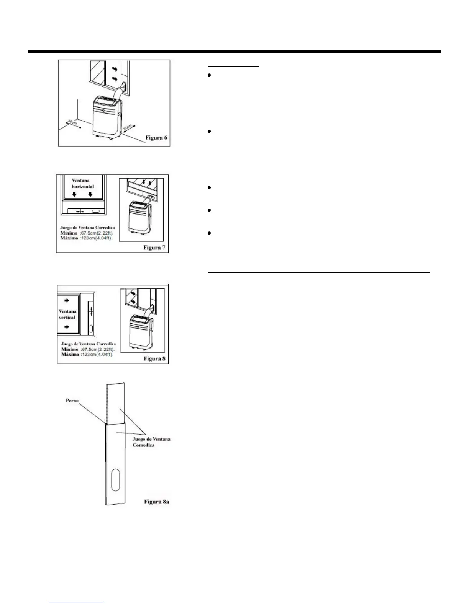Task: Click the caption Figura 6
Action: [156, 138]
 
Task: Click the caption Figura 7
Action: [154, 248]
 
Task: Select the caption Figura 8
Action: [154, 358]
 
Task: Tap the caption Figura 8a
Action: [156, 502]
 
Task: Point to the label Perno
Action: [72, 401]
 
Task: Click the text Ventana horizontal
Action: [83, 183]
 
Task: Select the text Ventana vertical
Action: [67, 314]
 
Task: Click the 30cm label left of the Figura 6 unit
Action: [73, 124]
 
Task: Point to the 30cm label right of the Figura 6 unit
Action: [128, 127]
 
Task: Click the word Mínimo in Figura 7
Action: [69, 233]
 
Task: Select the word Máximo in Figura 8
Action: [70, 355]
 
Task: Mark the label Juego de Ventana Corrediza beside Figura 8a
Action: [151, 442]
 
